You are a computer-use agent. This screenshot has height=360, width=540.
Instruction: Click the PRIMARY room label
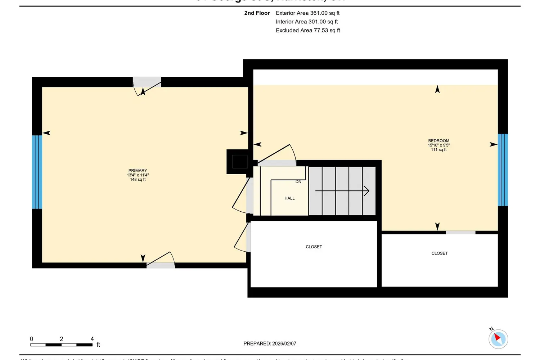pos(138,171)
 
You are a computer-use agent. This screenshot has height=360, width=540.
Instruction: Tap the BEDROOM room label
pos(438,141)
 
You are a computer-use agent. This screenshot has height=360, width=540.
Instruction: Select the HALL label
pos(289,198)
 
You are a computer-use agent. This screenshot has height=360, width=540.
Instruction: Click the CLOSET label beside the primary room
pos(314,247)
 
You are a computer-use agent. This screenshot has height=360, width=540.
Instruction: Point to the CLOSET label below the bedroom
pos(440,253)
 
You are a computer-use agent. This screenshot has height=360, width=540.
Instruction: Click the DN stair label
pos(298,182)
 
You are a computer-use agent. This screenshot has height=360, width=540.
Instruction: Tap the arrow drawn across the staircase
pos(342,191)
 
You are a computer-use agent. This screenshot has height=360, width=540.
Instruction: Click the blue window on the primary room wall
pos(37,172)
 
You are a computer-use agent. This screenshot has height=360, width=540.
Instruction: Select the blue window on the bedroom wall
pos(503,170)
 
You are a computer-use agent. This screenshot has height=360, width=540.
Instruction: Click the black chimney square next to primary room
pos(239,162)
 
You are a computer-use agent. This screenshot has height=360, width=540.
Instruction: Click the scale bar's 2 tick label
pos(62,339)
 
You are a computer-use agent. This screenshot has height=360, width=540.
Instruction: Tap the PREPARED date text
pos(270,344)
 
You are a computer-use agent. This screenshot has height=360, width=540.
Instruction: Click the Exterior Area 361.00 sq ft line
pos(307,13)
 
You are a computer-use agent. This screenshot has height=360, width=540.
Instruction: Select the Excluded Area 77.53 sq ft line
pos(308,31)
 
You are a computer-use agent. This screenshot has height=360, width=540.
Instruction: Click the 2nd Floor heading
pos(257,13)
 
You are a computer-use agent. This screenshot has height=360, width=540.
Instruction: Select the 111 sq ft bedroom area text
pos(438,150)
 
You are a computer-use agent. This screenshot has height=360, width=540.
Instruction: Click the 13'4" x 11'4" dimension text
pos(138,175)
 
